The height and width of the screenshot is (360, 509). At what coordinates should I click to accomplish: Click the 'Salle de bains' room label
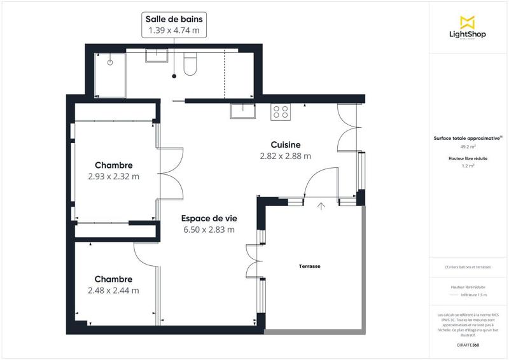point(173,19)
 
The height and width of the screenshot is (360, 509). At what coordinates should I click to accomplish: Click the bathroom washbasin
point(156,57)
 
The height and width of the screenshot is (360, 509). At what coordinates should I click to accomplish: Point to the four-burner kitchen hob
point(281,112)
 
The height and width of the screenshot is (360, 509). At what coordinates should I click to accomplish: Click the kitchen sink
point(244,112)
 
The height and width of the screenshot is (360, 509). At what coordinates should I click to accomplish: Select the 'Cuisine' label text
point(285,144)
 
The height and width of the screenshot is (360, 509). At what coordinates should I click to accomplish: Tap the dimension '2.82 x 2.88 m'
point(285,156)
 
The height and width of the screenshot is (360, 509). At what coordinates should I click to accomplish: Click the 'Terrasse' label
point(310,267)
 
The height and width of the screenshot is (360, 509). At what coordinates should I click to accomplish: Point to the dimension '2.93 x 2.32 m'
point(113,176)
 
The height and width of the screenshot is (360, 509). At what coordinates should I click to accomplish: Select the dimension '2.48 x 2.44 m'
point(113,290)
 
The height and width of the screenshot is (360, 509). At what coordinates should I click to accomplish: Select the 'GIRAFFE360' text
point(468,344)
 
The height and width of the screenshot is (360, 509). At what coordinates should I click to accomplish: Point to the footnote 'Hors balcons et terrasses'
point(468,267)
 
